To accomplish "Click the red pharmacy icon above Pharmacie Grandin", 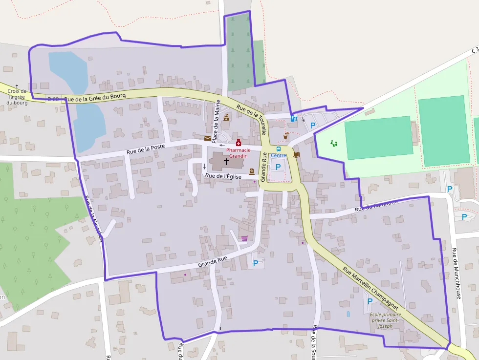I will (239, 143).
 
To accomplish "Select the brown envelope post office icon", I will (208, 138).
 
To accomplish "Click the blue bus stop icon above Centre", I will (279, 148).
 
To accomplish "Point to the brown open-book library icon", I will (296, 154).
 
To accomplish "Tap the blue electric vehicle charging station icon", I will (293, 118).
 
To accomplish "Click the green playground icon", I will (334, 143).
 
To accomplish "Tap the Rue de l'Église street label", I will (223, 176).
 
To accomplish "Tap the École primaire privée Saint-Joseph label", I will (385, 320).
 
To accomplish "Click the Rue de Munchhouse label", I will (457, 274).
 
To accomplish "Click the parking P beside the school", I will (370, 301).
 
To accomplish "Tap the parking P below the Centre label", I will (278, 167).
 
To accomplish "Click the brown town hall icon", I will (226, 117).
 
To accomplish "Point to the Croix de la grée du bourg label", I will (17, 97).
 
